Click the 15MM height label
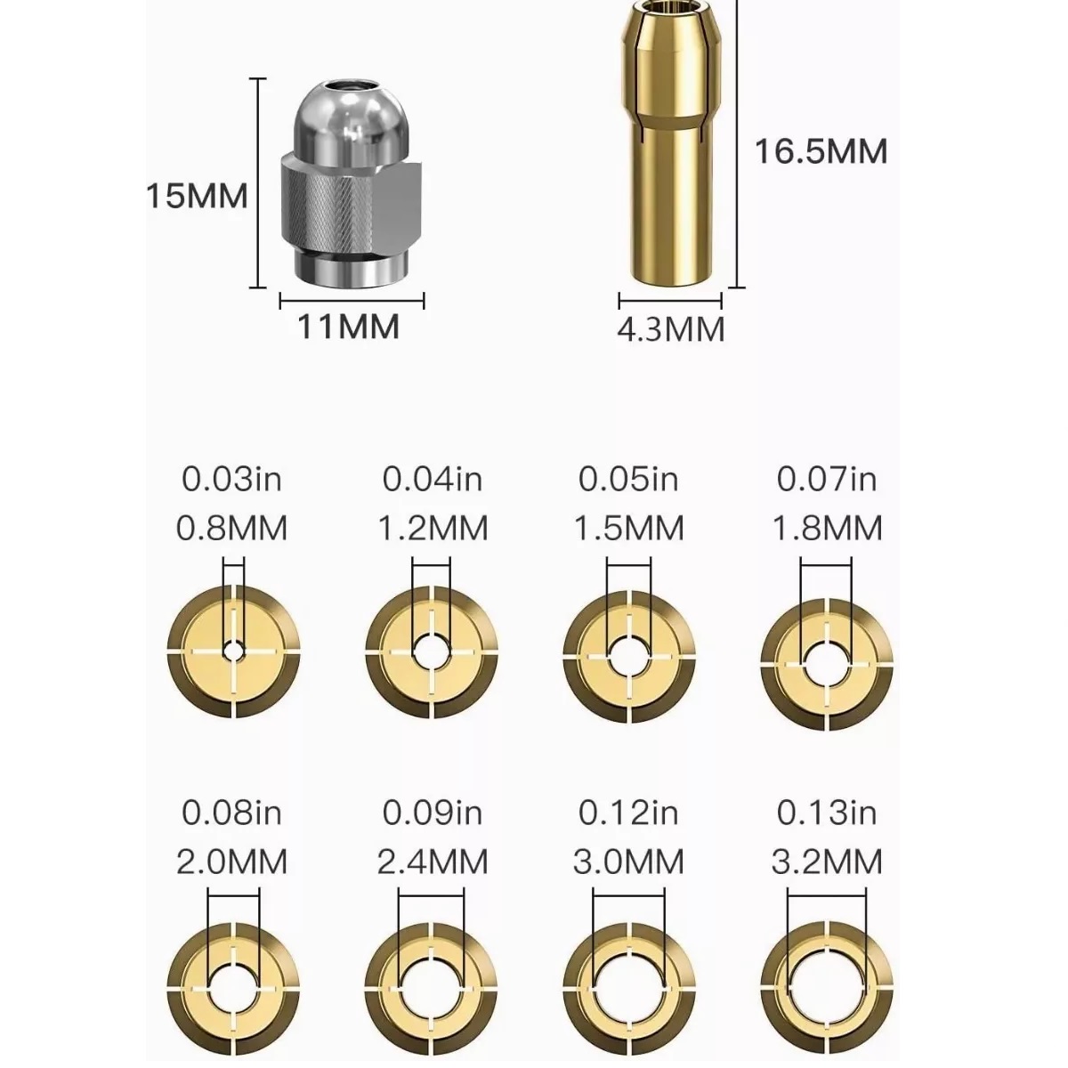(197, 196)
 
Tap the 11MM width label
(349, 327)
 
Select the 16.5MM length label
(821, 151)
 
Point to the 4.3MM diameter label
(671, 329)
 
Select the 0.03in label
(231, 480)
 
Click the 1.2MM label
(433, 528)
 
